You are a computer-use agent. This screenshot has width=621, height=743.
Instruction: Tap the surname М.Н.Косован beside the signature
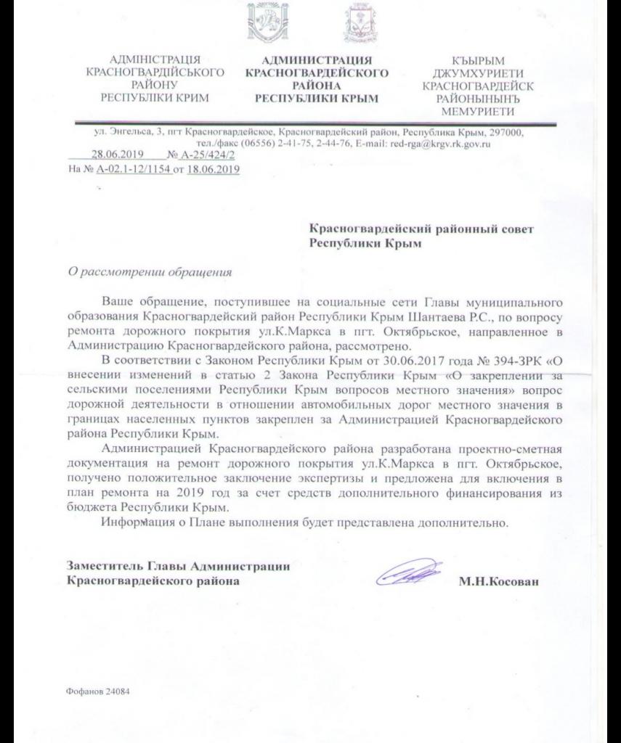499,582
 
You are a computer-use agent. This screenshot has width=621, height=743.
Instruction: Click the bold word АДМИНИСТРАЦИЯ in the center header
316,60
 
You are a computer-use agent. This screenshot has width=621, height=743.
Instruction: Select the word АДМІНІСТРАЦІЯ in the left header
153,60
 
